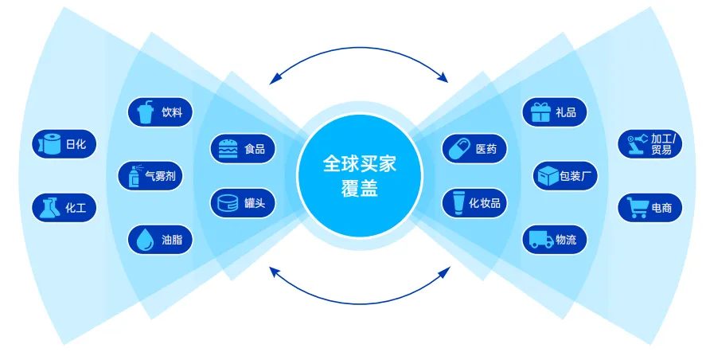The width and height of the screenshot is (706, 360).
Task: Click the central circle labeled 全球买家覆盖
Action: coord(358,176)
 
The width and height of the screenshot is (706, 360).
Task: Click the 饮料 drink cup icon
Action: coord(144,112)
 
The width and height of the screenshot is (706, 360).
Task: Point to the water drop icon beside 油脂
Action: coord(144,240)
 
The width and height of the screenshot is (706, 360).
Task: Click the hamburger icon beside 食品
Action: coord(227,148)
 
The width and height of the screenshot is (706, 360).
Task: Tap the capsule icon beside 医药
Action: coord(458,148)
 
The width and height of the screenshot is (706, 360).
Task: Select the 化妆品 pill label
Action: coord(474,202)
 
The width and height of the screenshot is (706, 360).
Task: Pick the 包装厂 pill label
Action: coord(565,176)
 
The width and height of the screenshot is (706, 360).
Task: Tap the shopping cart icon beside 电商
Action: coord(637,209)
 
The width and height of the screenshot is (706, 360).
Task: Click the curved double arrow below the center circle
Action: coord(360,295)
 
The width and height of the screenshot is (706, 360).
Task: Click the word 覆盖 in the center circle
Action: coord(358,190)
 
